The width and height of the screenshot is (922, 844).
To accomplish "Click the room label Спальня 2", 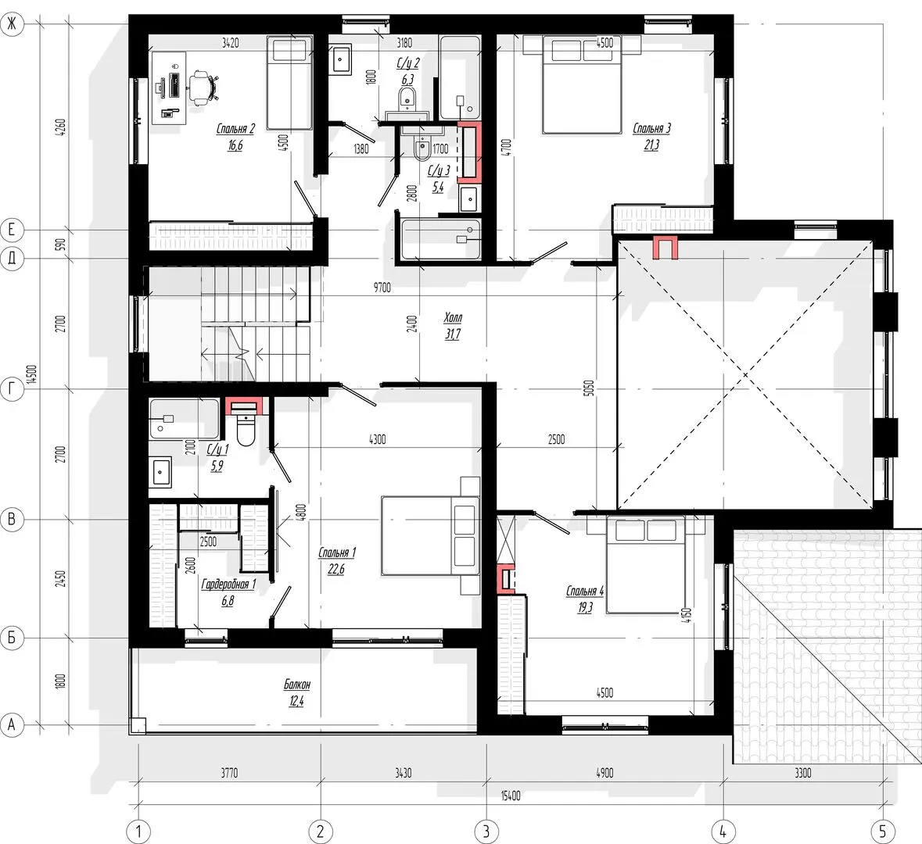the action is [x=235, y=129].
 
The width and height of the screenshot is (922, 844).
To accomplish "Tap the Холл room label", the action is [x=453, y=318].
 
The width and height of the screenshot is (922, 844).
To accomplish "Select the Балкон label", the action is [x=297, y=685].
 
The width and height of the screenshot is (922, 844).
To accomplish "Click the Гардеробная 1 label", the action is [x=228, y=585].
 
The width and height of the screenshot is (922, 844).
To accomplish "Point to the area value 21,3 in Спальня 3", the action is [x=651, y=145].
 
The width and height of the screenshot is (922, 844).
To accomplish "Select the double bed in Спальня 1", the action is [x=430, y=535].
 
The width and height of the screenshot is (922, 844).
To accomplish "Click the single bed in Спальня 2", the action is [x=289, y=82].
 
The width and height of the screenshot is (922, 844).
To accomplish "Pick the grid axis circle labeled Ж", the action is [x=12, y=25].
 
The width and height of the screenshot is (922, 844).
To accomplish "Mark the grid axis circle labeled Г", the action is [x=12, y=389].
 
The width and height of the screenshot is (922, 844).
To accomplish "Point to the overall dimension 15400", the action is [x=511, y=796].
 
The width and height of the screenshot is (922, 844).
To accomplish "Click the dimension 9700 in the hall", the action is [x=382, y=288].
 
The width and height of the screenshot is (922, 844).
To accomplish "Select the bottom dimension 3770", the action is [x=229, y=773].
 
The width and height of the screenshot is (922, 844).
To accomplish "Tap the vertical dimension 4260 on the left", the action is [x=60, y=127].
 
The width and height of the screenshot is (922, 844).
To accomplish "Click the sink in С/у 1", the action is [x=160, y=472].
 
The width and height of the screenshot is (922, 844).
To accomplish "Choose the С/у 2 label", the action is [x=408, y=63].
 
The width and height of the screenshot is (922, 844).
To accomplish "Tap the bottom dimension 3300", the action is [x=802, y=773].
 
